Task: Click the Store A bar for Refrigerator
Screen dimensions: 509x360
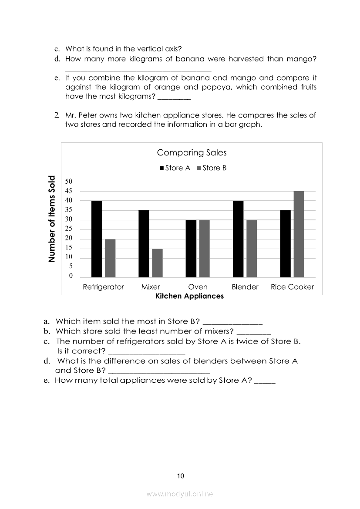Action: click(x=97, y=239)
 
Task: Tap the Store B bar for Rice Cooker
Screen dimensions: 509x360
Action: click(x=299, y=234)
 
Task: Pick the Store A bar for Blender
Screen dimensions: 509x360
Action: click(x=238, y=239)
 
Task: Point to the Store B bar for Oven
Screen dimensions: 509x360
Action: click(x=204, y=248)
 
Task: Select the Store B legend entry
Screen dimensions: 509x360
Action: click(x=212, y=168)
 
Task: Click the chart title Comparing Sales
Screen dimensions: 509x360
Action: click(x=192, y=153)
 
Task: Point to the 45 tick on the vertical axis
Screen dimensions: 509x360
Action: click(x=69, y=191)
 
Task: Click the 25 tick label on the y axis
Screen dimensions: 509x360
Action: click(x=69, y=229)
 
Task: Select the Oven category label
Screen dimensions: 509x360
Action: click(x=198, y=287)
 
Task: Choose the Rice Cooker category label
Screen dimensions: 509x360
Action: click(x=292, y=287)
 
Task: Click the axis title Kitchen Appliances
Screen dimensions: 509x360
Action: click(x=189, y=296)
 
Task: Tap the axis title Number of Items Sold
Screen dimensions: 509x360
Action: click(x=52, y=219)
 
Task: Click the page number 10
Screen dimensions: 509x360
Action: click(x=181, y=476)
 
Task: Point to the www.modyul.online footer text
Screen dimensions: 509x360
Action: click(x=180, y=494)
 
